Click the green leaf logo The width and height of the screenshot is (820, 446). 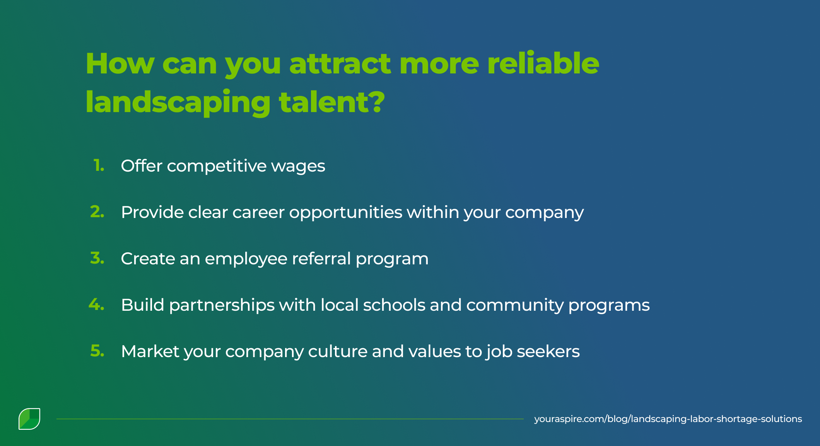pyautogui.click(x=29, y=419)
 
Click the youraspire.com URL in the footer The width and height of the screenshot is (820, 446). pyautogui.click(x=668, y=419)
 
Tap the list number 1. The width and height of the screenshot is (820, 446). pyautogui.click(x=99, y=165)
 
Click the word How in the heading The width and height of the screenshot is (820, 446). pyautogui.click(x=120, y=64)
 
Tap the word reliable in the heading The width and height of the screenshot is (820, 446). pyautogui.click(x=543, y=64)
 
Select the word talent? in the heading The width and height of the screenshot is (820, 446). pyautogui.click(x=332, y=102)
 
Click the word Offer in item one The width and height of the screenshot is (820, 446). pyautogui.click(x=142, y=166)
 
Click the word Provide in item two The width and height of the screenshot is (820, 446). pyautogui.click(x=152, y=212)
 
